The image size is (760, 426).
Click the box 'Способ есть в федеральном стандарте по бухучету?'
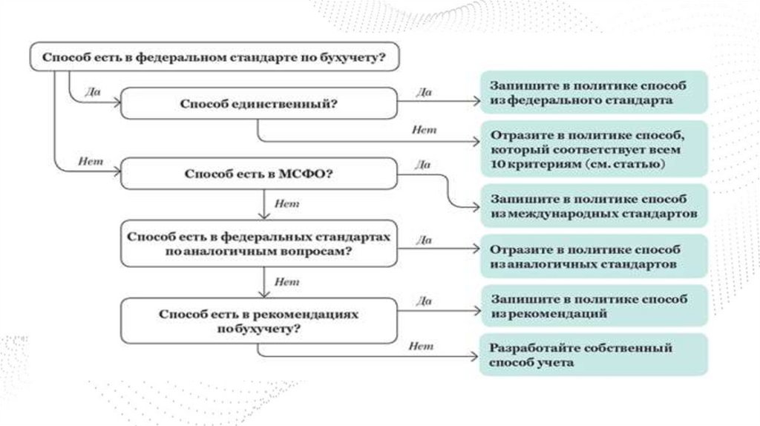pos(214,57)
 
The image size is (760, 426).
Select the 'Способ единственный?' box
pos(258,104)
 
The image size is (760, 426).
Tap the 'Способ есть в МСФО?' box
pos(258,174)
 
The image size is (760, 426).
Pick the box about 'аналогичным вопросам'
pos(258,244)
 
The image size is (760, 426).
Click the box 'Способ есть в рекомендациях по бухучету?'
pos(258,321)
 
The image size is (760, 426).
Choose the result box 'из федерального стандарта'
pos(593,92)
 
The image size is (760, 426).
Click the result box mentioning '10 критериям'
pos(593,150)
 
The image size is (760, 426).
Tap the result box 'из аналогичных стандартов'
pos(593,257)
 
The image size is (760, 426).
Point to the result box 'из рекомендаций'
pos(593,307)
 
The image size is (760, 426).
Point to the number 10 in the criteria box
pos(497,163)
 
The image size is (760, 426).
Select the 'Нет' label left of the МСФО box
pos(90,162)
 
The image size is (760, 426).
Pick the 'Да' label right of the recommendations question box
pos(424,301)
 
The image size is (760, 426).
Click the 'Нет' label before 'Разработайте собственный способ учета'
pos(421,345)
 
